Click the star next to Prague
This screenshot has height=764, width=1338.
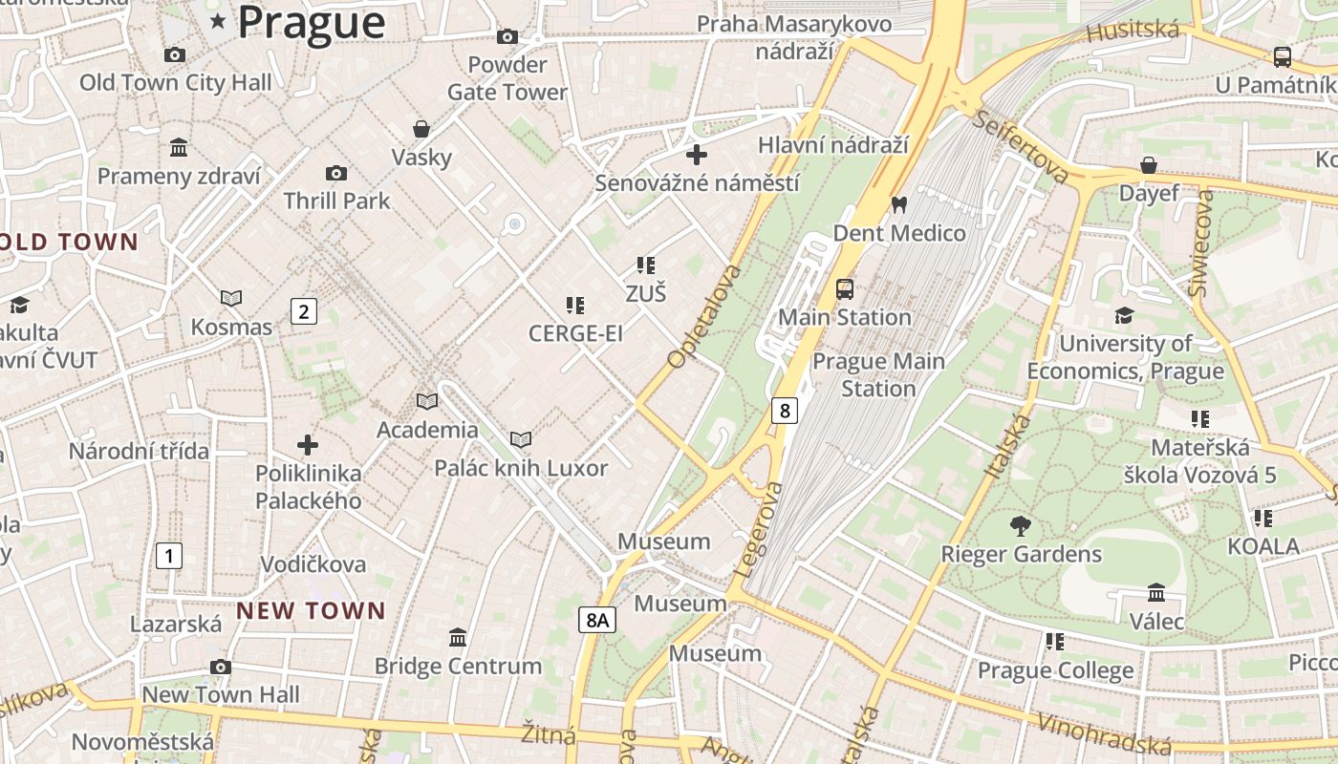coord(218,21)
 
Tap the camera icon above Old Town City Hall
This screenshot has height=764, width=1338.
coord(174,54)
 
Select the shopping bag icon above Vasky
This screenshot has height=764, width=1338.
coord(421,128)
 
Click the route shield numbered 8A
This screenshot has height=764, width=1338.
coord(597,620)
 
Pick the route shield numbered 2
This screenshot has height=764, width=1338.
coord(303,310)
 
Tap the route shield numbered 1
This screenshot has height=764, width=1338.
coord(168,555)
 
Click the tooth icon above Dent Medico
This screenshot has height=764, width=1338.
coord(898,204)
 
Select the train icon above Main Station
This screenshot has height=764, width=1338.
coord(845,288)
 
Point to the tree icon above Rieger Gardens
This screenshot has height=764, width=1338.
coord(1021,525)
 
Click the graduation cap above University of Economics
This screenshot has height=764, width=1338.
coord(1125,315)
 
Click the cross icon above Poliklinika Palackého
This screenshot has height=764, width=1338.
coord(307,445)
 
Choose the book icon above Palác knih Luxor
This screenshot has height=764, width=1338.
coord(521,439)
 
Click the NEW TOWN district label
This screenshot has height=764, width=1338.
coord(311,610)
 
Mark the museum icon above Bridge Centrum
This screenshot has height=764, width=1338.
coord(458,637)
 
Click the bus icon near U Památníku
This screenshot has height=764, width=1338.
coord(1283,57)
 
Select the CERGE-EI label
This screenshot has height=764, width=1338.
coord(575,333)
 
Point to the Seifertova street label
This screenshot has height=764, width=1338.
coord(1021,147)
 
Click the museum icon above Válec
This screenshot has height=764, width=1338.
coord(1156,593)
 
